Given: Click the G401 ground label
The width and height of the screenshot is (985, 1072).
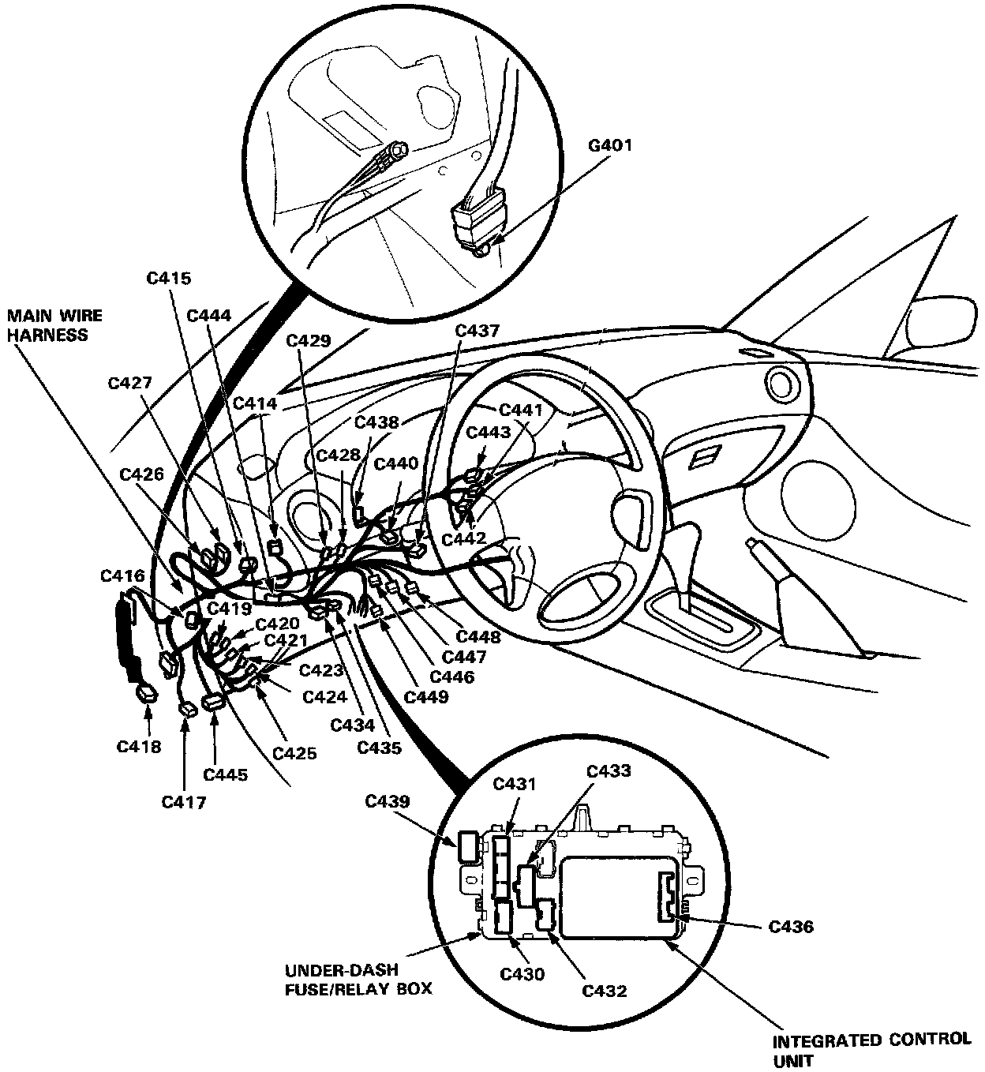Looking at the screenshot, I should pos(610,146).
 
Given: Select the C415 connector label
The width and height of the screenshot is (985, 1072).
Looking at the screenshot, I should pos(170,279).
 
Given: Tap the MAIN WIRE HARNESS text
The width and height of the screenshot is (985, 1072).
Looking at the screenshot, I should pos(55,325).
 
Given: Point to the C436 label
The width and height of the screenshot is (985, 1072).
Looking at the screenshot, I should pos(791,927).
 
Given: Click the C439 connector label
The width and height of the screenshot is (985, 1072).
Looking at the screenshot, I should pos(388,802).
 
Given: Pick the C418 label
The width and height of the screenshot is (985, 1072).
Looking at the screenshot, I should pos(139,746).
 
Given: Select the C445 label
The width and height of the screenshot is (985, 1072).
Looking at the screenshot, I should pos(226,774).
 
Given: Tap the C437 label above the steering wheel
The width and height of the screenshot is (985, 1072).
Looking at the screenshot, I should pos(478,331).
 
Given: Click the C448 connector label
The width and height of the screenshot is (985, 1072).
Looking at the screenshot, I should pos(478,636).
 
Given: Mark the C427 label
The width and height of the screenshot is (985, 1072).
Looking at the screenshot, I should pos(131,384).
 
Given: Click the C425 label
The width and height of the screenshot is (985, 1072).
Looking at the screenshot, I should pos(294,752).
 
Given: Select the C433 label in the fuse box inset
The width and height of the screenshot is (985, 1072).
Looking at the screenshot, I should pos(609,770).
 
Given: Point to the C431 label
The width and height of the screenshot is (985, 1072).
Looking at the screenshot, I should pos(515,784).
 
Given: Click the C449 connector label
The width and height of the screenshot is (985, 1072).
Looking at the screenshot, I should pos(426,696).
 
